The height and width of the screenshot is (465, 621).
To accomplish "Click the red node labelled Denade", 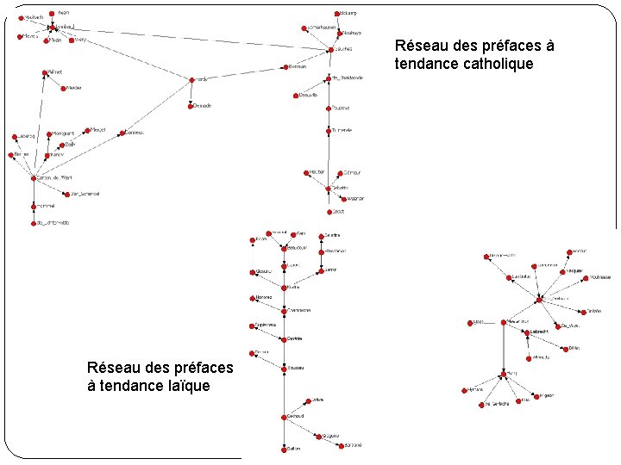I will point(191,106).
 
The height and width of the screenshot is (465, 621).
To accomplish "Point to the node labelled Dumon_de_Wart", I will point(33,178).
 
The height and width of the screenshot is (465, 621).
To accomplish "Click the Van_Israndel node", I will point(67,194).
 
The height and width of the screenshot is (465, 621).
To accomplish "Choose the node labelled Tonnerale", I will point(329,131).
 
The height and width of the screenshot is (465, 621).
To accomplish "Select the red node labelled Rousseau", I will point(284,368).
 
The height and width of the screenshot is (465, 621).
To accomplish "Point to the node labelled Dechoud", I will point(284,417).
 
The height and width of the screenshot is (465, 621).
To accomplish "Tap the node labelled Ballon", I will point(284,449).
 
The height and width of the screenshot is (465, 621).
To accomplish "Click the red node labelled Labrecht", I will point(528,332).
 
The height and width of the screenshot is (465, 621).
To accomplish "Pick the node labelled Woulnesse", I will point(587,277).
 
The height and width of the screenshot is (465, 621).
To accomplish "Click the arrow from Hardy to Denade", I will point(191,94).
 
